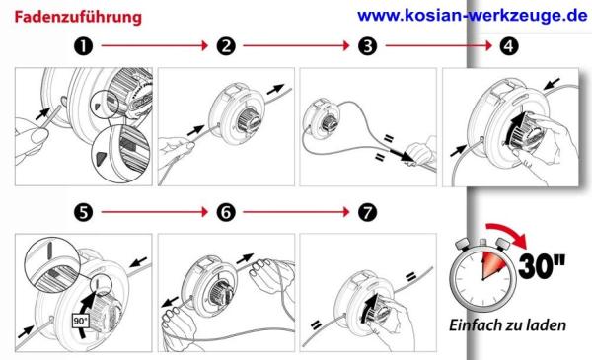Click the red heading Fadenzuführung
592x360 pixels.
(x=78, y=18)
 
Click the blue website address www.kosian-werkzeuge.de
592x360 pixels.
(x=473, y=16)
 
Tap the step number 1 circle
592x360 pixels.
(x=84, y=46)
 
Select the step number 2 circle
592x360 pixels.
(x=226, y=46)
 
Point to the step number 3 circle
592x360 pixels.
(x=368, y=46)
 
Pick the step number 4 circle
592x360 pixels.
(x=509, y=46)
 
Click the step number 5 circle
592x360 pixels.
(x=84, y=212)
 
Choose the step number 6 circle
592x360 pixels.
(x=226, y=212)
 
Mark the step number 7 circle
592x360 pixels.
(x=368, y=212)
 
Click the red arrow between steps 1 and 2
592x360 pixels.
(x=155, y=46)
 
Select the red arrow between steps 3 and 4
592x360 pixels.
(x=439, y=46)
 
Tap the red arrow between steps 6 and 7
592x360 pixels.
(x=296, y=212)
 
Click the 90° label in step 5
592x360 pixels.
(x=81, y=321)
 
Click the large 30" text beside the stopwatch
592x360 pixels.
(x=542, y=266)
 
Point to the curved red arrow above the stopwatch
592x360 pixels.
(x=508, y=233)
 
